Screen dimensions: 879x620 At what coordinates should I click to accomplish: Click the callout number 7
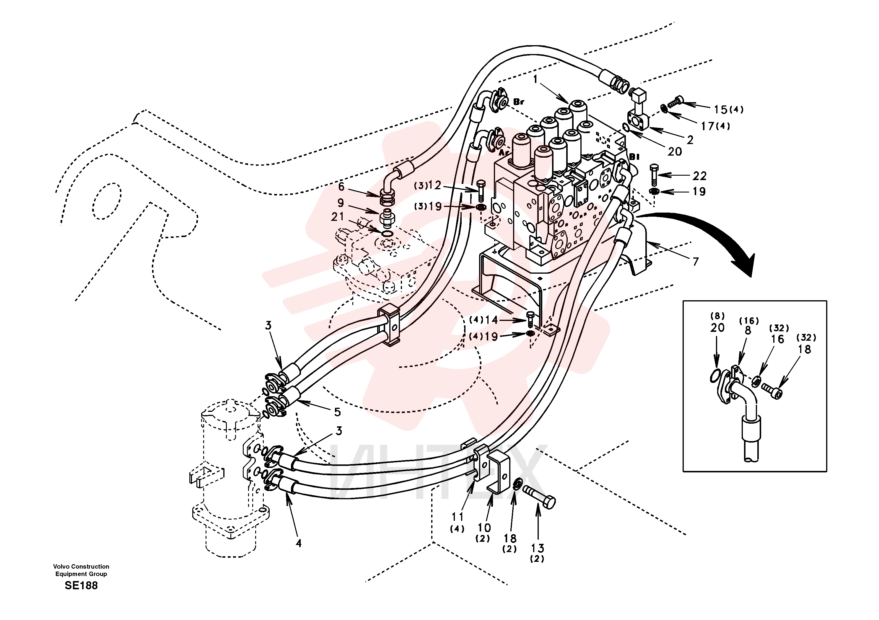(696, 262)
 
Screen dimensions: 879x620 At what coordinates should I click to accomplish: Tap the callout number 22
(699, 176)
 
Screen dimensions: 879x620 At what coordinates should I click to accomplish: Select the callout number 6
(341, 187)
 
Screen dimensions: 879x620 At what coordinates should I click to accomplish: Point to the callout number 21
(338, 217)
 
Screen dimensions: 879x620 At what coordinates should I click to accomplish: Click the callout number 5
(337, 412)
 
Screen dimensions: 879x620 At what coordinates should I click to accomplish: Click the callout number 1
(535, 79)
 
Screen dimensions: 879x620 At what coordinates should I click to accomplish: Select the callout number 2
(690, 140)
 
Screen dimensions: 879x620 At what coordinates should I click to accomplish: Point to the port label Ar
(504, 152)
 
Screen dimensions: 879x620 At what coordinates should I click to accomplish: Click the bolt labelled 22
(654, 175)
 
